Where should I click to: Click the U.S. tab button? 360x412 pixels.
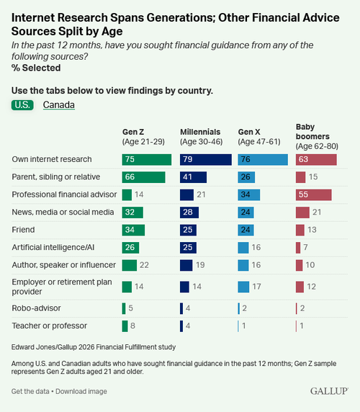click(22, 105)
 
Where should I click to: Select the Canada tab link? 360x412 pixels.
click(59, 105)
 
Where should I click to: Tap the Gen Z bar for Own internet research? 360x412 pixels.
click(147, 159)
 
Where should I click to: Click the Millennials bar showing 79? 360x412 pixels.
click(206, 159)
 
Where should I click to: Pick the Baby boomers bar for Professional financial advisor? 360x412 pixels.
click(313, 194)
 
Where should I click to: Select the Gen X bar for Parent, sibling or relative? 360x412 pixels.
click(246, 177)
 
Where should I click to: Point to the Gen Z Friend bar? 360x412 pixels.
click(133, 230)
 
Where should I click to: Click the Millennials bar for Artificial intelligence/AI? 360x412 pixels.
click(188, 248)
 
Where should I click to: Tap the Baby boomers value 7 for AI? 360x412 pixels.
click(305, 248)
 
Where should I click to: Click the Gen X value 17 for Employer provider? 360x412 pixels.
click(256, 287)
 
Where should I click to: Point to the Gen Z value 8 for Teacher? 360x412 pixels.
click(132, 326)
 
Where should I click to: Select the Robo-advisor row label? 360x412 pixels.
click(36, 308)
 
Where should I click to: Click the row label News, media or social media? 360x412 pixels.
click(63, 212)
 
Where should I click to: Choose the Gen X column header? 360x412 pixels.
click(259, 137)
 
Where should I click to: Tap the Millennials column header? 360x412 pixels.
click(201, 137)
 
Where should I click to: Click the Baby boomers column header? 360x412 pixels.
click(317, 136)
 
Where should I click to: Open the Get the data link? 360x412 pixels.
click(30, 391)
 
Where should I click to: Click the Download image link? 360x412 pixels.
click(81, 391)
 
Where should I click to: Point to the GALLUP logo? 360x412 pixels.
click(329, 391)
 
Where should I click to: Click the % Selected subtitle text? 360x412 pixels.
click(36, 68)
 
